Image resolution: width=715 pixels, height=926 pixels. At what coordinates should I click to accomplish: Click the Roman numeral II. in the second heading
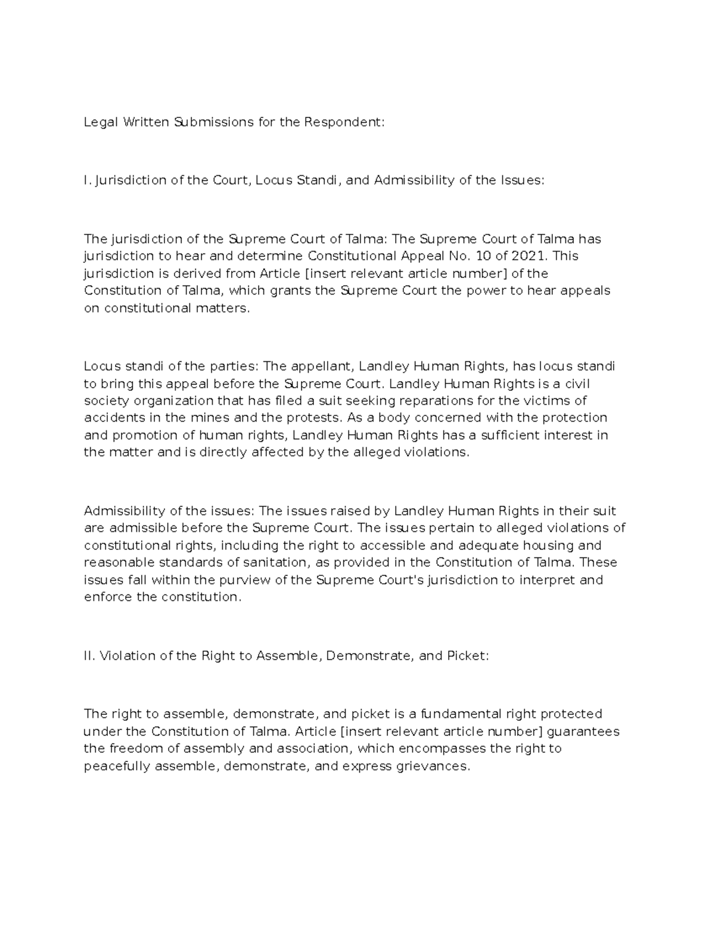click(x=89, y=656)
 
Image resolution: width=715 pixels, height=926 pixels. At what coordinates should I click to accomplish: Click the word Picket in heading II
click(x=467, y=656)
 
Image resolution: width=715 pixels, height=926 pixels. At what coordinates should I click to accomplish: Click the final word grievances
click(x=432, y=766)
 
